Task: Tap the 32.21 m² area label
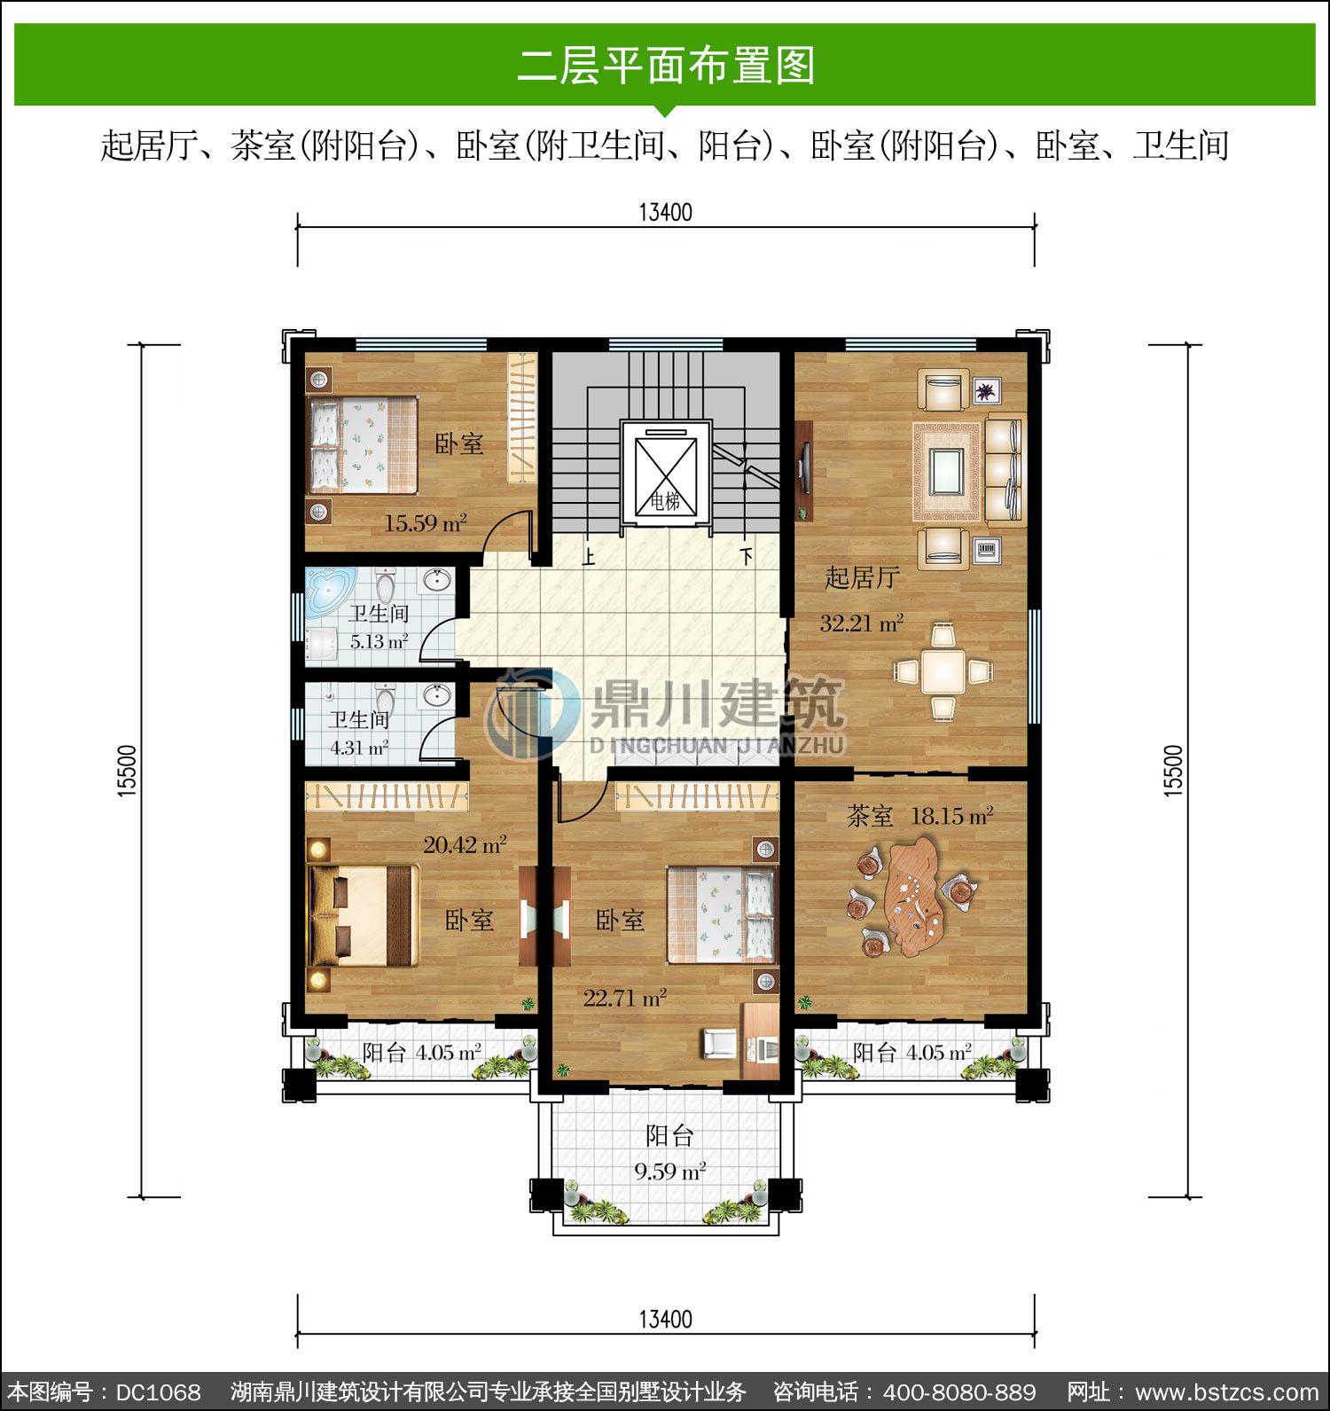861,623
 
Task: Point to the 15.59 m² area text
426,523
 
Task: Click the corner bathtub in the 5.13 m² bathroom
329,591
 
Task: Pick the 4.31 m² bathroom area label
359,748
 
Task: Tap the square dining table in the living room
943,671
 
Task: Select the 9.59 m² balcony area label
669,1172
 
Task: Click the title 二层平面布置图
666,66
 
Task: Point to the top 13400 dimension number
665,212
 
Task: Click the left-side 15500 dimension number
129,772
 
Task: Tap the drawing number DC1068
159,1391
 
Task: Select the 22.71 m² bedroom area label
625,999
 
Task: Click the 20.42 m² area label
465,844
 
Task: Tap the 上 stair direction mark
587,557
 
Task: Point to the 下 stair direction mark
747,557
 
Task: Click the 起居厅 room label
862,578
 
